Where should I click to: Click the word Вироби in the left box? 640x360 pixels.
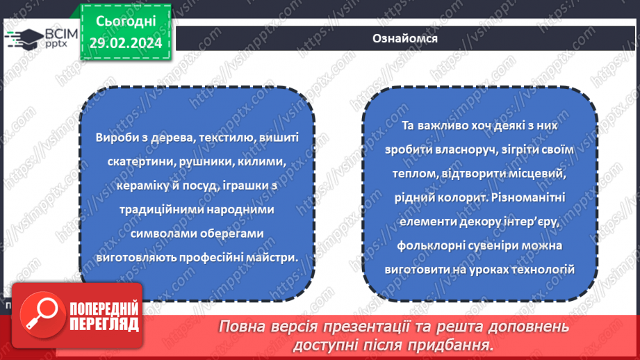coord(114,138)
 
